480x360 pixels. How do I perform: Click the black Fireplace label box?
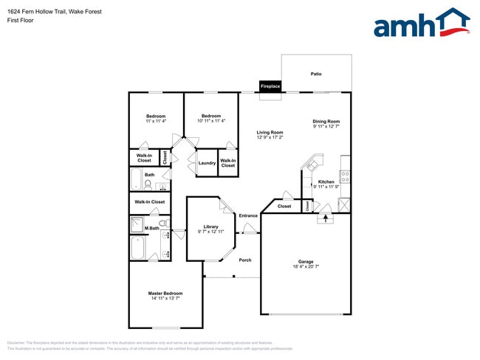[270, 86]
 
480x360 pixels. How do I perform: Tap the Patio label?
[316, 74]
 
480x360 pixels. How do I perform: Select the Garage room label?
[306, 261]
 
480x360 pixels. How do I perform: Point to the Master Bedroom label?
[165, 293]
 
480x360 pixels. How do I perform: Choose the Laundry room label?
[207, 163]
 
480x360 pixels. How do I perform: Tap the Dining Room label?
[326, 121]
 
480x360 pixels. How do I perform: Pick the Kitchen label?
[326, 181]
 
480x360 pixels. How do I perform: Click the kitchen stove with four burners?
[345, 177]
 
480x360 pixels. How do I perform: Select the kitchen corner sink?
[314, 161]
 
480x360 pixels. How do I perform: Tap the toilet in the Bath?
[148, 184]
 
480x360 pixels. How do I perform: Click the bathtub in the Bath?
[137, 179]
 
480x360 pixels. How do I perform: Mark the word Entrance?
[248, 215]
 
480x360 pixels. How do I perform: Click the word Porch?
[245, 260]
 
